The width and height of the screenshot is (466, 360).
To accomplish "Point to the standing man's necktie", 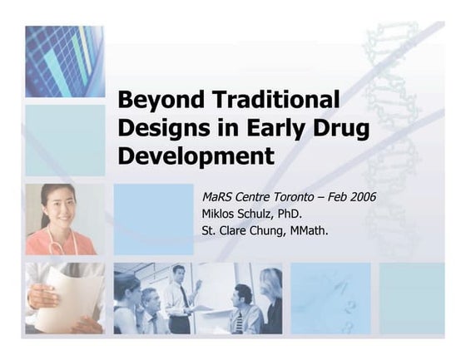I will click(183, 296).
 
